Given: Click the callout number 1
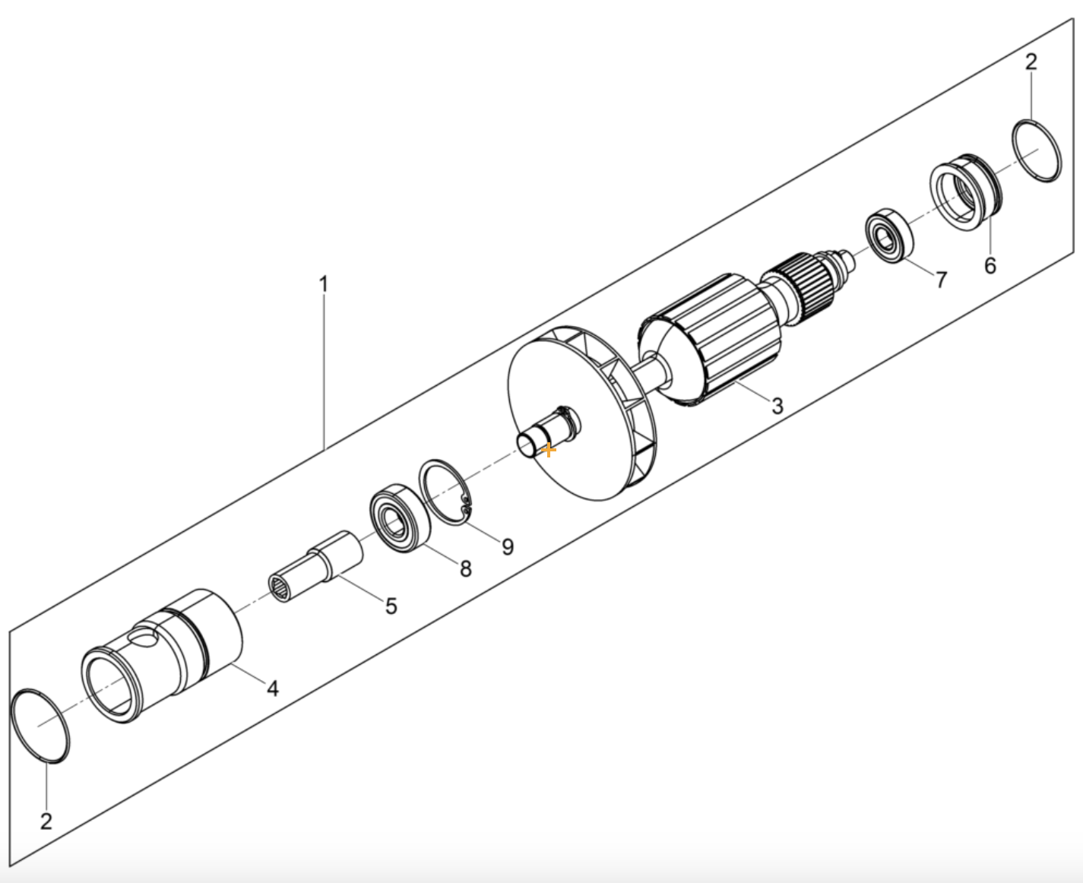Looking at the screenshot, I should pos(323,285).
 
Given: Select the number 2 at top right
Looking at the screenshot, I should pos(1030,62).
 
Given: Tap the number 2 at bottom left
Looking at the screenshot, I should pos(46,821).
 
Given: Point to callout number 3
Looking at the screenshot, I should pos(777,406).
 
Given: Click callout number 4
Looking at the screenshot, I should pos(273,688).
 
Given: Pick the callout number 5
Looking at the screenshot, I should pos(391,606).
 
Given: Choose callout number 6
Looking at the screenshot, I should pos(990,265).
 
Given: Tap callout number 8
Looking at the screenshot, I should pos(465,568).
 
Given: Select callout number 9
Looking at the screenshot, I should pos(507,546).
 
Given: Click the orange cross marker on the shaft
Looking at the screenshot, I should pos(547,450).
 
